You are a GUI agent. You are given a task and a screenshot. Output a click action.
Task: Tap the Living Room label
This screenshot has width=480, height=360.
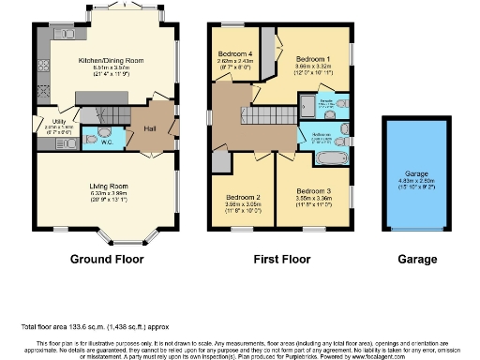coord(109,187)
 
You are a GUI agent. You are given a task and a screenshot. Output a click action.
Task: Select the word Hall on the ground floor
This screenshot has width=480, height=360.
coord(149,129)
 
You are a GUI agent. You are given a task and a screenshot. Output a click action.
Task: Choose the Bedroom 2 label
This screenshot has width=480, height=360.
coord(243,197)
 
